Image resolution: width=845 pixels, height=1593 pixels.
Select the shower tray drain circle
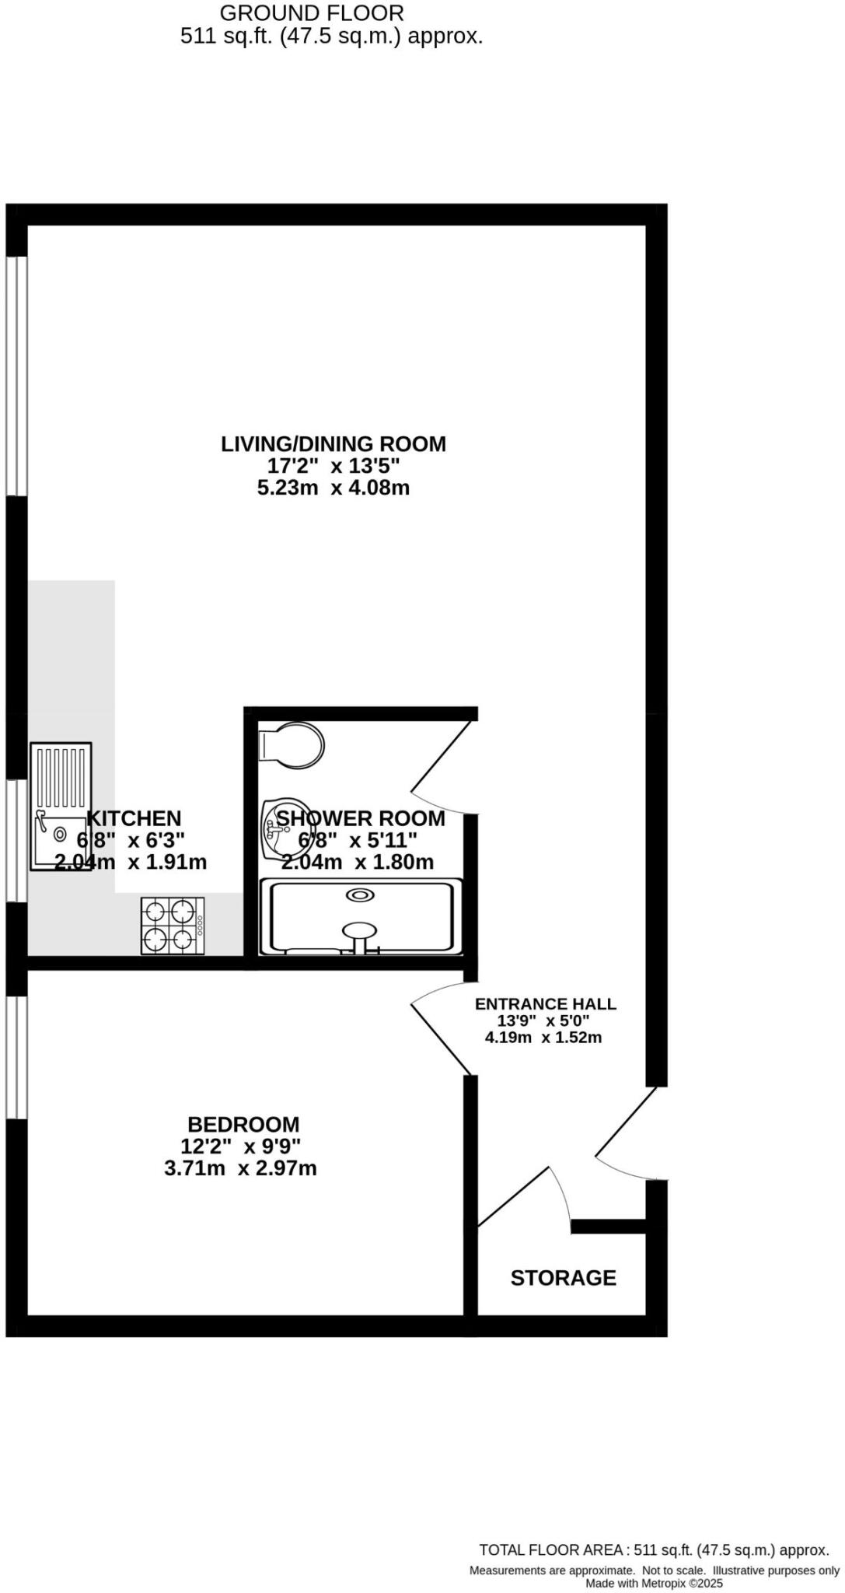point(361,895)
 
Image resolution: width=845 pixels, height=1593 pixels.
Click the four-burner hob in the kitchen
point(173,926)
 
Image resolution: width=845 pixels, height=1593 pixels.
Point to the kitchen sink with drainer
point(61,806)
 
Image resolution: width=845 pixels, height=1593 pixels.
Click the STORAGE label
point(563,1278)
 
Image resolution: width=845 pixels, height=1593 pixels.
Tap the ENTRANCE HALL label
point(545,1003)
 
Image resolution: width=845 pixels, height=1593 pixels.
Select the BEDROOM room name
point(243,1124)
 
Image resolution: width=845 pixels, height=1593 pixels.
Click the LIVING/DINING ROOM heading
point(333,444)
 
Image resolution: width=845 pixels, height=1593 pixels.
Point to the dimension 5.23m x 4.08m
point(333,488)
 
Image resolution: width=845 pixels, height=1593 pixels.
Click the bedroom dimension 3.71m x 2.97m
point(240,1168)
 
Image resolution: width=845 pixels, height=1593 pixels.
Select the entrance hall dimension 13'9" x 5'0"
point(543,1021)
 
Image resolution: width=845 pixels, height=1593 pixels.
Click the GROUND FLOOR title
point(312,13)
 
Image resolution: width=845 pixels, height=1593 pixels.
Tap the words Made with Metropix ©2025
point(654,1583)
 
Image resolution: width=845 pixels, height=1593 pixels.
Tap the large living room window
point(16,376)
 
